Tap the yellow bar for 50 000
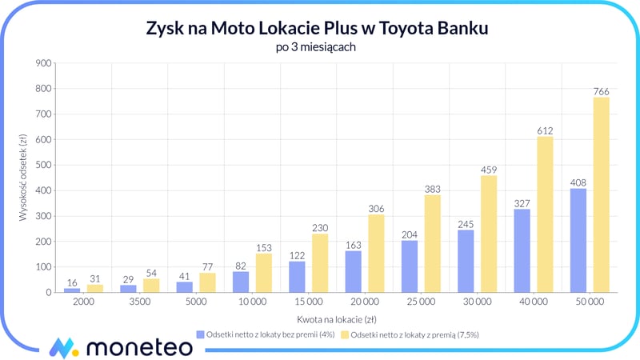click(x=602, y=195)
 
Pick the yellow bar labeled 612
click(x=545, y=214)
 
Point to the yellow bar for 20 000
click(x=376, y=254)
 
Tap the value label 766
click(x=602, y=90)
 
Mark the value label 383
click(x=432, y=188)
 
